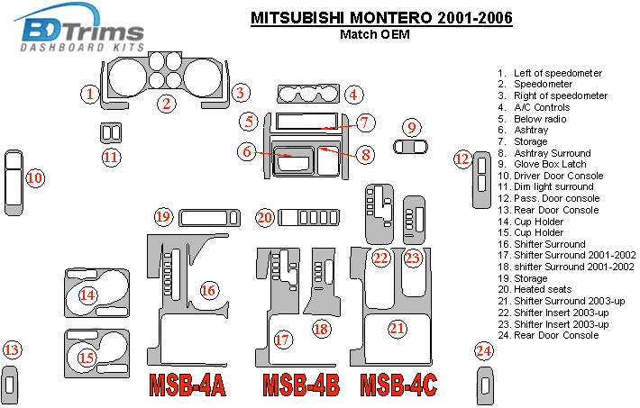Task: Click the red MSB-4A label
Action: coord(187,384)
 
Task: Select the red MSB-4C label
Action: coord(399,384)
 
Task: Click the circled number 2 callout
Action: coord(167,104)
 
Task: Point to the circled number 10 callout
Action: coord(35,178)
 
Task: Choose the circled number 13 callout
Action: coord(12,350)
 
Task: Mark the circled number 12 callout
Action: coord(462,159)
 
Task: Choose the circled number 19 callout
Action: coord(162,217)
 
